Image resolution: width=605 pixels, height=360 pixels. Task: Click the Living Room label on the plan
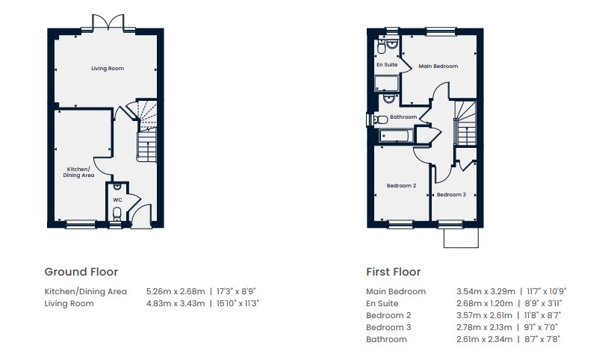click(x=108, y=68)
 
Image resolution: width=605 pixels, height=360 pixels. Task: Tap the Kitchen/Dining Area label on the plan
click(x=78, y=172)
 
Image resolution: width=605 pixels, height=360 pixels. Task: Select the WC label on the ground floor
click(x=117, y=200)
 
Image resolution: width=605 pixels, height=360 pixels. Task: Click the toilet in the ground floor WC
click(x=117, y=213)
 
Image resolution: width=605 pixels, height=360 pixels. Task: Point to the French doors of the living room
click(x=108, y=22)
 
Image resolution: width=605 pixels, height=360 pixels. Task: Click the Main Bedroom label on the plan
click(x=438, y=66)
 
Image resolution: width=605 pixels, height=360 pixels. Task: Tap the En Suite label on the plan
click(x=387, y=64)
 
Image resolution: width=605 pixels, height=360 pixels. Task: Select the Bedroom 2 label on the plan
click(x=401, y=185)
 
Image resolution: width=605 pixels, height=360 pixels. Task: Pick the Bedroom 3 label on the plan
click(x=451, y=194)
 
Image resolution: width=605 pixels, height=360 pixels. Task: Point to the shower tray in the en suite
click(x=387, y=83)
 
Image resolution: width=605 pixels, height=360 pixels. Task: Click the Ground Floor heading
click(x=81, y=272)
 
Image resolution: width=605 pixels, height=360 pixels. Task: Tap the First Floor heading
click(x=393, y=272)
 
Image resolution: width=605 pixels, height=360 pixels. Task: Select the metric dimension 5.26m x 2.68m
click(x=176, y=291)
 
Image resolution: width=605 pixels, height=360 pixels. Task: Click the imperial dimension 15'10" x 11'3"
click(x=238, y=303)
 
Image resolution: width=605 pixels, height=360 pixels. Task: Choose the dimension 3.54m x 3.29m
click(x=485, y=291)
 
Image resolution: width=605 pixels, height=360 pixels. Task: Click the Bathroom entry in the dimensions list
click(x=386, y=339)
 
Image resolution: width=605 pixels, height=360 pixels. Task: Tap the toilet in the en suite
click(x=381, y=48)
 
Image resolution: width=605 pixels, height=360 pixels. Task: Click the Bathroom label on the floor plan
click(x=403, y=117)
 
